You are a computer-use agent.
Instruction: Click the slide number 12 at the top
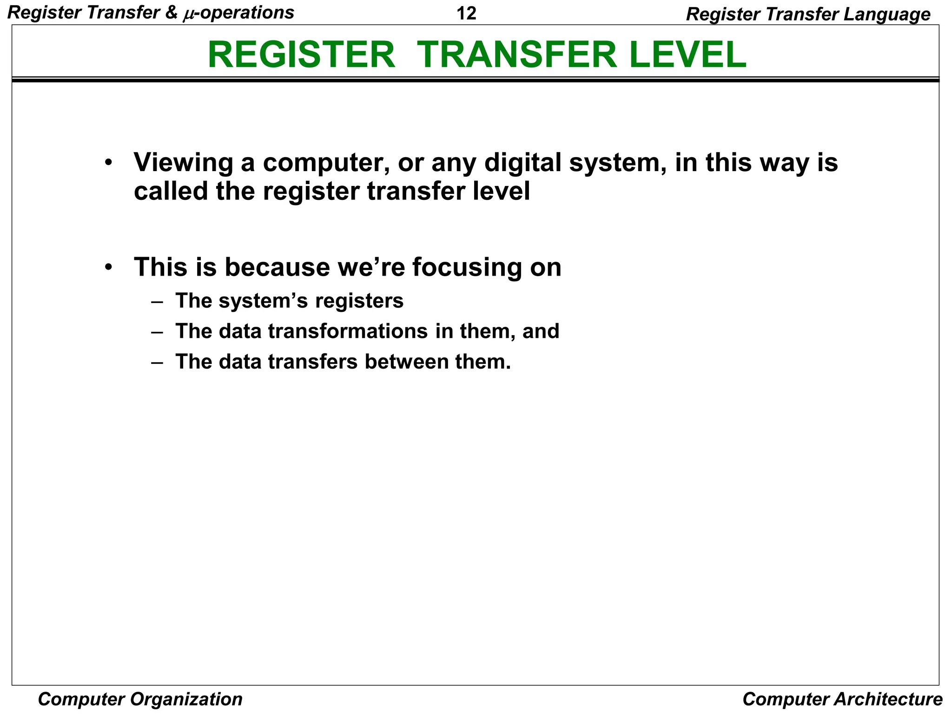pyautogui.click(x=466, y=13)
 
